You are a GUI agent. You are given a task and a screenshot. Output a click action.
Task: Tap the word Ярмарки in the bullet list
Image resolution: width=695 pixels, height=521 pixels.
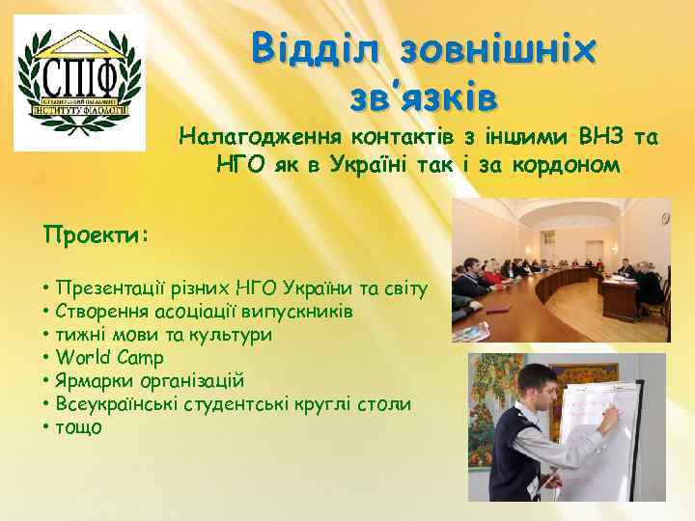click(90, 380)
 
